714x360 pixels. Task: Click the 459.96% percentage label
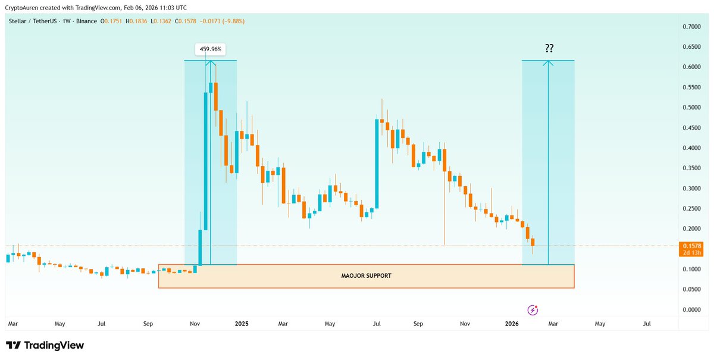pos(211,49)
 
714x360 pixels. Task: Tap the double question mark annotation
pos(548,49)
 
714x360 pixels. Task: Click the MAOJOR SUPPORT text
pos(366,276)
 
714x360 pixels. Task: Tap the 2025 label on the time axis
pos(242,324)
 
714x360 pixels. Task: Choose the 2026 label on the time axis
pos(512,324)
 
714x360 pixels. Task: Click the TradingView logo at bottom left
pos(45,346)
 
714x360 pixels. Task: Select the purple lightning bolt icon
pos(533,310)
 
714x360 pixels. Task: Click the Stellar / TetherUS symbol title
pos(36,21)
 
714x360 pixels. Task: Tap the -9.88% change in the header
pos(232,21)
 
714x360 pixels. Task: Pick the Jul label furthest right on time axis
pos(647,324)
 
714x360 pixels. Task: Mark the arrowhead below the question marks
pos(548,62)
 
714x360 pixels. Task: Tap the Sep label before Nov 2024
pos(149,324)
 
